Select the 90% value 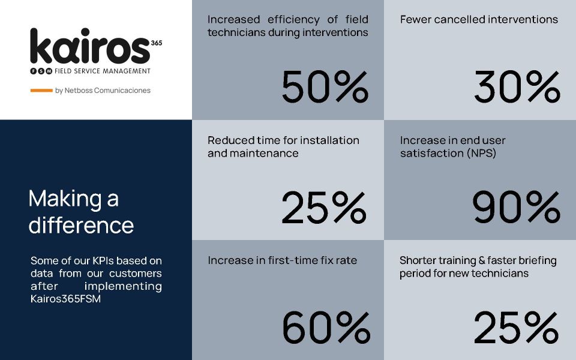coord(517,208)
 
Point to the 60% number coord(325,328)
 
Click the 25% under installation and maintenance coord(323,208)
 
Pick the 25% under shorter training coord(516,328)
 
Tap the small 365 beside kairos coord(157,43)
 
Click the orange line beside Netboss coord(41,91)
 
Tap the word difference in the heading coord(81,226)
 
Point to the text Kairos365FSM coord(65,298)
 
